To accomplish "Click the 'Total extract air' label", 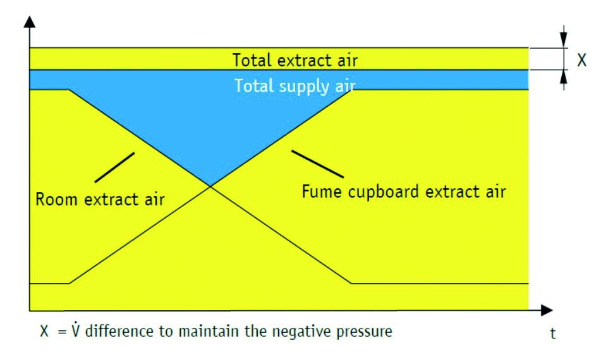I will (x=295, y=61).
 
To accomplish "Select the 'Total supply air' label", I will (x=296, y=85).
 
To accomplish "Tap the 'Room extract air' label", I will (x=100, y=200).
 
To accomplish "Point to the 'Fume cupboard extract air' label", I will (x=403, y=191).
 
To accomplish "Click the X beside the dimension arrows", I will (x=582, y=60).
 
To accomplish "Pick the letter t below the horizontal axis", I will (x=553, y=334).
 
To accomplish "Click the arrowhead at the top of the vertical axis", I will (x=30, y=23).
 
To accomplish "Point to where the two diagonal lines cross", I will (x=210, y=186).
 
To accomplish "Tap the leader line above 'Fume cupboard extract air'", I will (x=317, y=163).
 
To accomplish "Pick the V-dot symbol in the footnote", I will (x=75, y=330).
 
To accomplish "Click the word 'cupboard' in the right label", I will (x=377, y=191).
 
